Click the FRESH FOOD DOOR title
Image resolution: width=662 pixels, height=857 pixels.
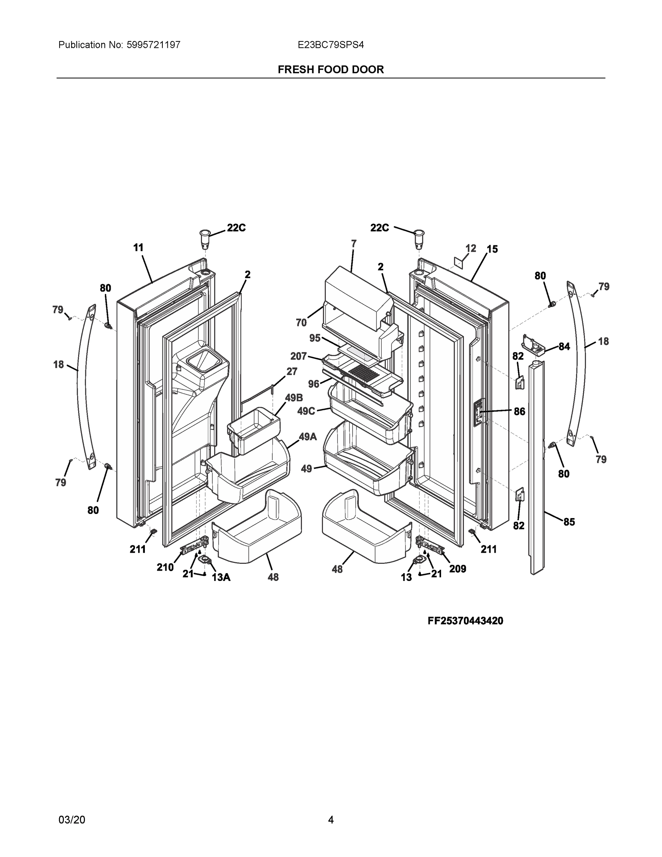[x=330, y=70]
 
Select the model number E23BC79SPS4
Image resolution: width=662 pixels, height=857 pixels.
[x=330, y=45]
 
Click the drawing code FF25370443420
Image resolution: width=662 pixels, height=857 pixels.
[x=465, y=621]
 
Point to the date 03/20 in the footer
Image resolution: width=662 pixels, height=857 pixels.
[x=71, y=820]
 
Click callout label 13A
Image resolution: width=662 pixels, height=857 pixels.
[x=221, y=577]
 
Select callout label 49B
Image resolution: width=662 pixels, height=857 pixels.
[x=294, y=398]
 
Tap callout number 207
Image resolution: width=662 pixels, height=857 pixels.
[x=298, y=356]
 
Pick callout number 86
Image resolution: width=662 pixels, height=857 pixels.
[x=520, y=411]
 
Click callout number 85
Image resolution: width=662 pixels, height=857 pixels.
[x=569, y=522]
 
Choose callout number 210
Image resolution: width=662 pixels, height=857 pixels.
[x=165, y=567]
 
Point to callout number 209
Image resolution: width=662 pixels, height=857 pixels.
[x=458, y=569]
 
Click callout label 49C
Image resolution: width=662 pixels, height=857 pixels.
[x=306, y=411]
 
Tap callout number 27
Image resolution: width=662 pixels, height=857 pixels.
[x=292, y=371]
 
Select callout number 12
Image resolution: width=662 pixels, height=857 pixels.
[x=471, y=249]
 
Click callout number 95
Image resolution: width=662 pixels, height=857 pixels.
[x=315, y=338]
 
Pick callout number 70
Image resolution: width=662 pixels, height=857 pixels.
[x=301, y=322]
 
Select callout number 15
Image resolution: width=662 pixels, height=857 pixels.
[x=492, y=249]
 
